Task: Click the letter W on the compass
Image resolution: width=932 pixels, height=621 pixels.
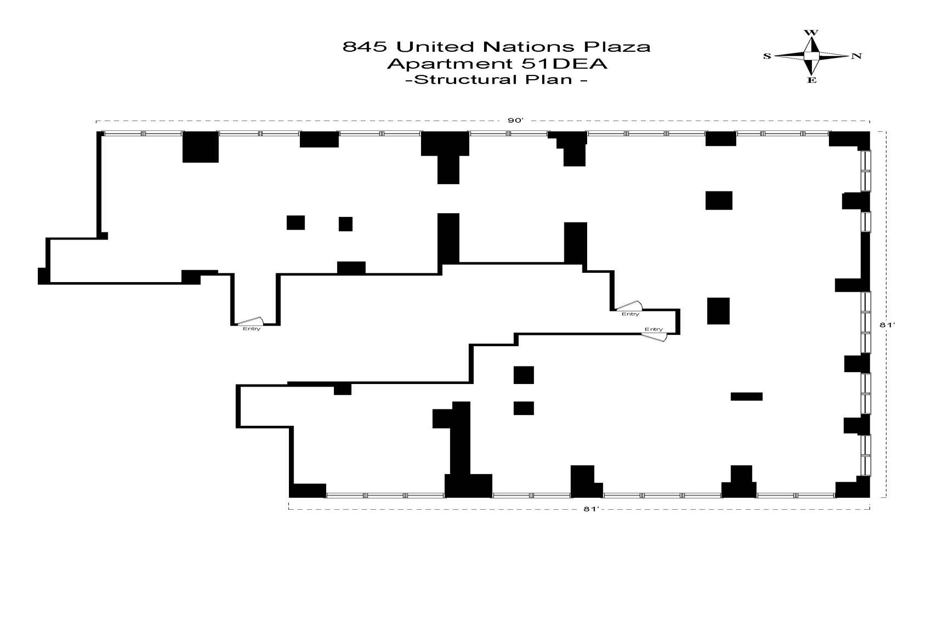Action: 811,33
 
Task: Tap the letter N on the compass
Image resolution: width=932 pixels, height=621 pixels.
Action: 857,56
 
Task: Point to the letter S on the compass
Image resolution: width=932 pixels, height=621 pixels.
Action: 767,56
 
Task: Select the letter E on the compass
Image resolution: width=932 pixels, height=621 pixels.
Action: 812,80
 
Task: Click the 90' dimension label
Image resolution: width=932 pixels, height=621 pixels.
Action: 515,121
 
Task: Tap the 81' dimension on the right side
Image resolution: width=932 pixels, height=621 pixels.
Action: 887,325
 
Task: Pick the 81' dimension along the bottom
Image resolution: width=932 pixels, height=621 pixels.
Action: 591,509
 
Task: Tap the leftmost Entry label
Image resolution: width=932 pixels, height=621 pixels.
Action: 252,329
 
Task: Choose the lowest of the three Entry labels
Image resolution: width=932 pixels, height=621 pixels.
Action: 653,329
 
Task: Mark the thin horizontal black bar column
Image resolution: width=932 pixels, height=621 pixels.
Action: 746,396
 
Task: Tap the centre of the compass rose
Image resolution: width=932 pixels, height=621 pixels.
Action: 811,56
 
